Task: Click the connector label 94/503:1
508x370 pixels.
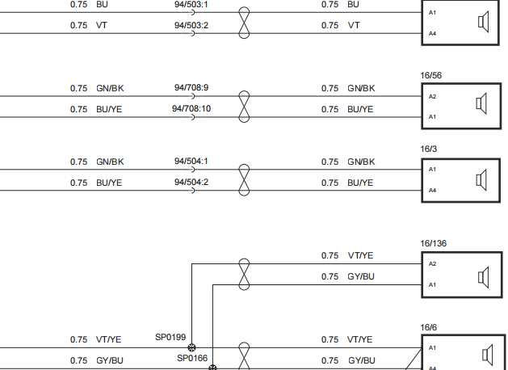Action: point(191,5)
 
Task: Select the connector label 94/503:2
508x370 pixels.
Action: point(191,25)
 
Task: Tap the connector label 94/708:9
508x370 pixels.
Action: point(191,88)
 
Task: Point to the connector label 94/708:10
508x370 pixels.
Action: point(191,108)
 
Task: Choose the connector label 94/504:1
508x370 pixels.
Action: point(191,162)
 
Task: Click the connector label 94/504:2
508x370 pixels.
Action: point(191,182)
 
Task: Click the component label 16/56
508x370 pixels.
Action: point(431,75)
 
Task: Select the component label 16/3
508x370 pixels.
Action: point(429,149)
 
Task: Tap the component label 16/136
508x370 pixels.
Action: point(434,243)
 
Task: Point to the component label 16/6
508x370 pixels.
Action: point(429,327)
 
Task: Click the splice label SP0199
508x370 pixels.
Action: point(170,337)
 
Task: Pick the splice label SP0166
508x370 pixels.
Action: point(192,358)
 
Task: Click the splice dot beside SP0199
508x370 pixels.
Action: point(191,347)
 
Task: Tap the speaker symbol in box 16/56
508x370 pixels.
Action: point(481,103)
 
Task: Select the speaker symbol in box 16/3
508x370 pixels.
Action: point(481,180)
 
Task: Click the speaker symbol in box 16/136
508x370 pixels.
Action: point(484,277)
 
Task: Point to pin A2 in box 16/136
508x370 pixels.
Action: point(433,263)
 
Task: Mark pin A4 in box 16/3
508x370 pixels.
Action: point(433,190)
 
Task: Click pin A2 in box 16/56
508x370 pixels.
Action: point(433,96)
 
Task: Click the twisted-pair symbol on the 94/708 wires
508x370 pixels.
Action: point(244,107)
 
